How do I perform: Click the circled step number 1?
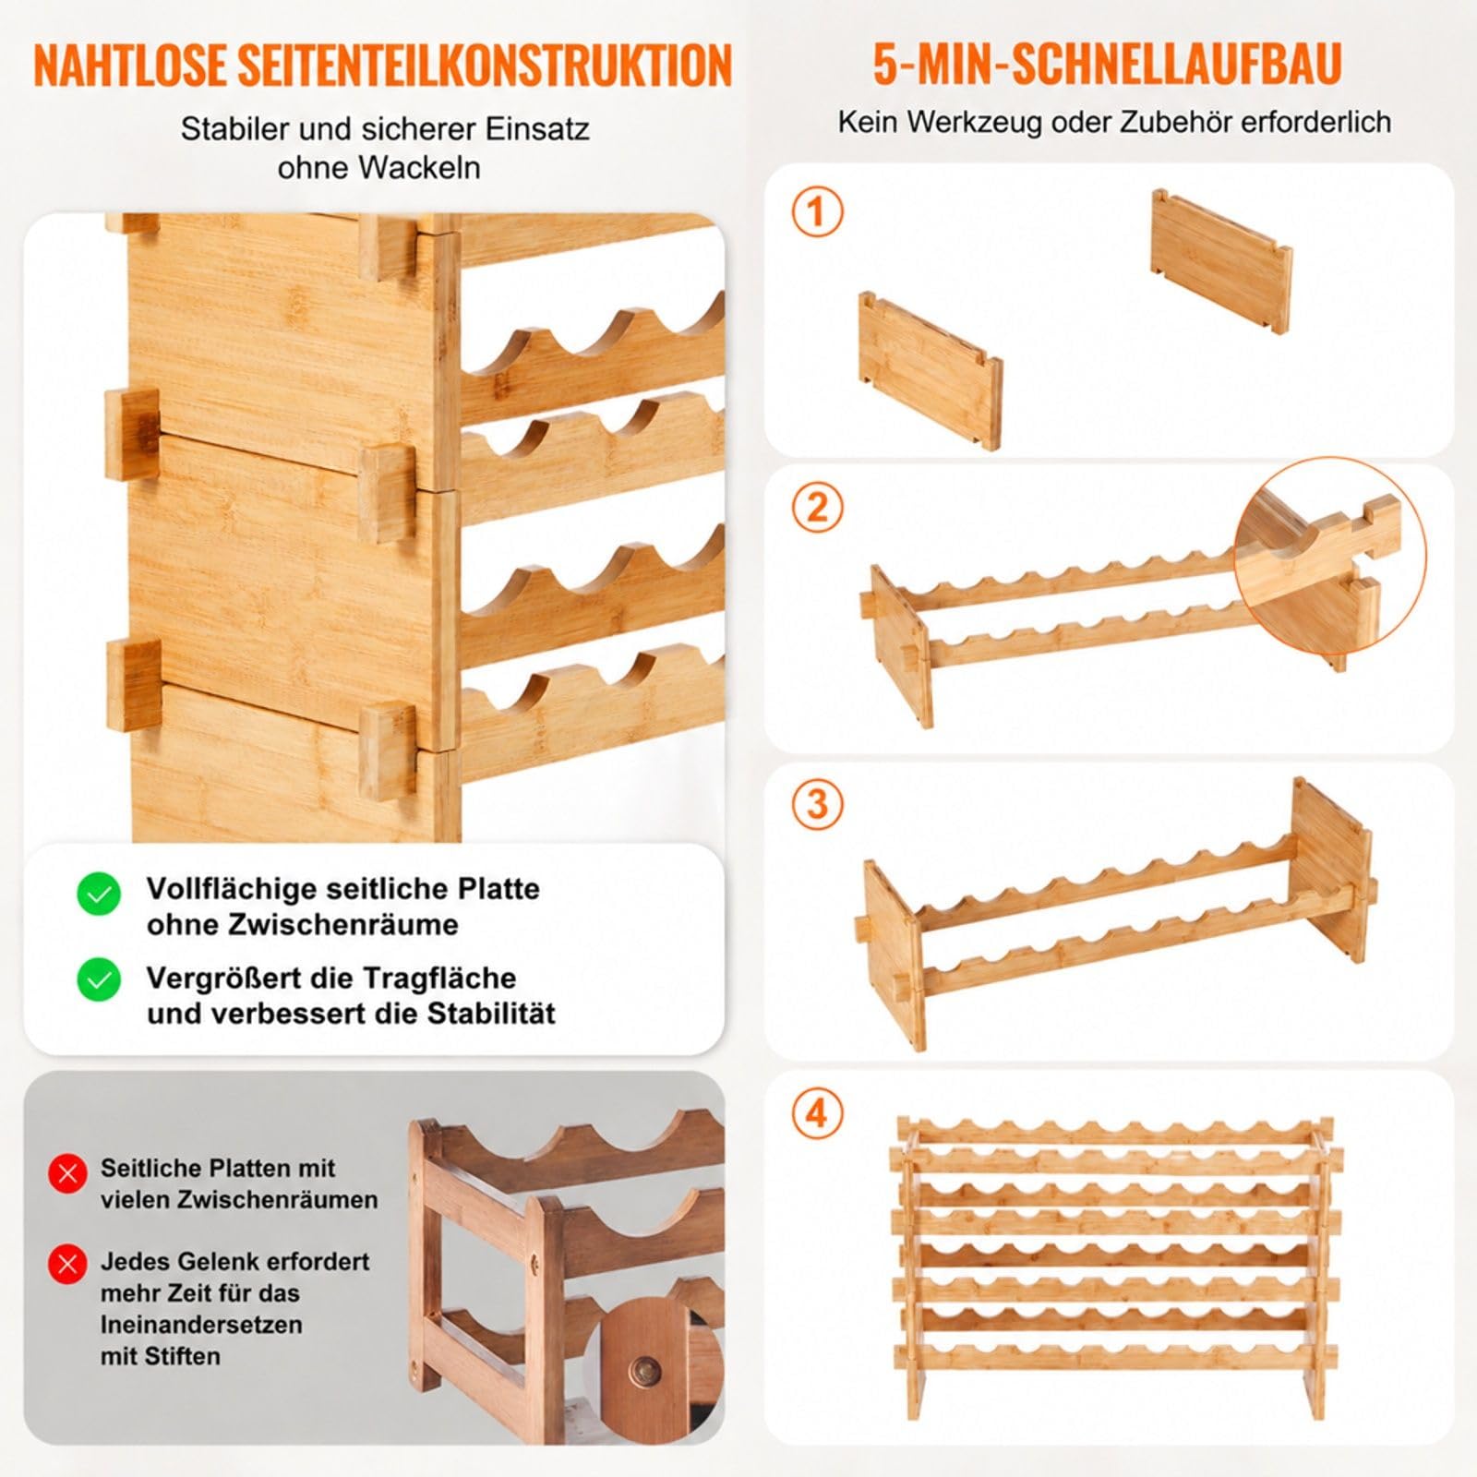(x=817, y=213)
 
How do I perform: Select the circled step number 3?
(x=817, y=804)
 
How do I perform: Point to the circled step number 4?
(x=817, y=1114)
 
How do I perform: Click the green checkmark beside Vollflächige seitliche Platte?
(x=99, y=894)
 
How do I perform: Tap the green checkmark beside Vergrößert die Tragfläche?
(x=99, y=979)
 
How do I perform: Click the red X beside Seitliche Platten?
(x=67, y=1173)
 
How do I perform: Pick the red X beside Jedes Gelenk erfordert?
(x=67, y=1264)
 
